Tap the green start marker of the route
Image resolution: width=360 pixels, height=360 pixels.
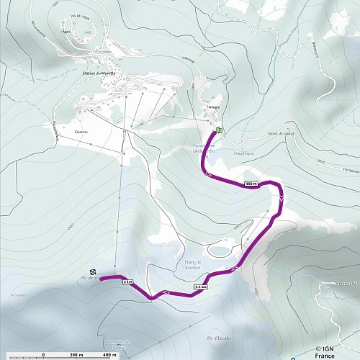pos(218,130)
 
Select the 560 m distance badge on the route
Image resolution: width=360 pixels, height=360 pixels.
pos(251,184)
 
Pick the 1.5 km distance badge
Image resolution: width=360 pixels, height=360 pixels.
pos(201,287)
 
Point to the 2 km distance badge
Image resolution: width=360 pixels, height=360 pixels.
pos(128,282)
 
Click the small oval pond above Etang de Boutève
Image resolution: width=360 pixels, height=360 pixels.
pos(217,251)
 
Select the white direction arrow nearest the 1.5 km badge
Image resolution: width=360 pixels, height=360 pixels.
pos(235,270)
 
